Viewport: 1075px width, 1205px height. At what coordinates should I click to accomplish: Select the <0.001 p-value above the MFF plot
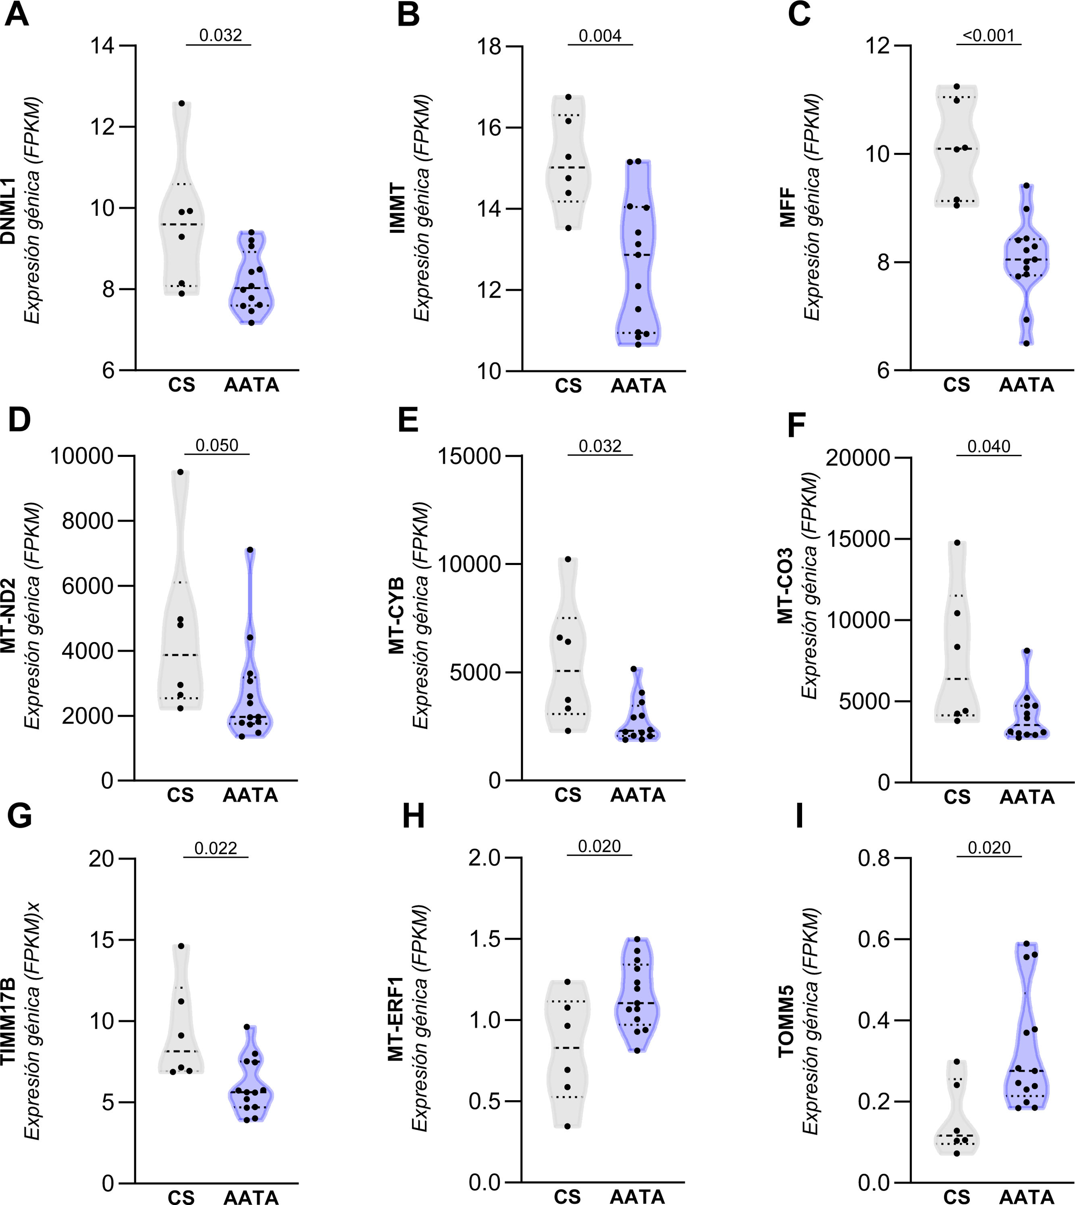click(x=988, y=35)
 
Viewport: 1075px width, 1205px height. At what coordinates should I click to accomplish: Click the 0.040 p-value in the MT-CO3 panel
click(x=989, y=446)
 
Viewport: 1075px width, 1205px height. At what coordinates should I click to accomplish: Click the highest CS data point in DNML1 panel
click(x=182, y=103)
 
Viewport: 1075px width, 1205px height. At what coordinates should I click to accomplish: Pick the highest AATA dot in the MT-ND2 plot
click(x=250, y=550)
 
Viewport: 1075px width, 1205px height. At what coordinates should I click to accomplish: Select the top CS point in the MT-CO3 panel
click(x=957, y=542)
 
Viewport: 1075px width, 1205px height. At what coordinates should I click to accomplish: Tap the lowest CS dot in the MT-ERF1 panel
click(x=568, y=1126)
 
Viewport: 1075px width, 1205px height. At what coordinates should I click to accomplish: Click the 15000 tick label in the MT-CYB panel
click(x=469, y=456)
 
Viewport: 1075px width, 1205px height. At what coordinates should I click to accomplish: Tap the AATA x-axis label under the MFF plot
click(x=1027, y=385)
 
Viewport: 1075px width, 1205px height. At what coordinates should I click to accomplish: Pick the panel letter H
click(x=414, y=817)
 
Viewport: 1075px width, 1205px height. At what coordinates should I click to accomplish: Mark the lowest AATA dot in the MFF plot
click(x=1027, y=343)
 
